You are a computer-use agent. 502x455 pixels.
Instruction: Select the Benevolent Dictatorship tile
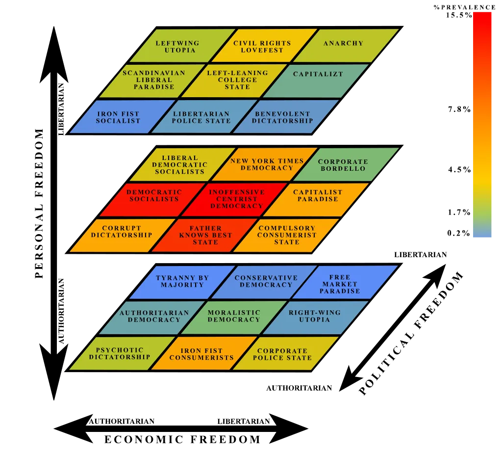point(283,117)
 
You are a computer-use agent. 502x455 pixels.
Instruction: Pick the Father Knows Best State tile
point(205,235)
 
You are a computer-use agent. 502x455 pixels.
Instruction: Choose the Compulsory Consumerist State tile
point(286,235)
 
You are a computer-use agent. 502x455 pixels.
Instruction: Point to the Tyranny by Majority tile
point(182,282)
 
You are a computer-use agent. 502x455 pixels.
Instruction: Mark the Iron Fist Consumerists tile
point(202,354)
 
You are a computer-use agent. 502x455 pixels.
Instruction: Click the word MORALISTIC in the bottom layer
point(234,313)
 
